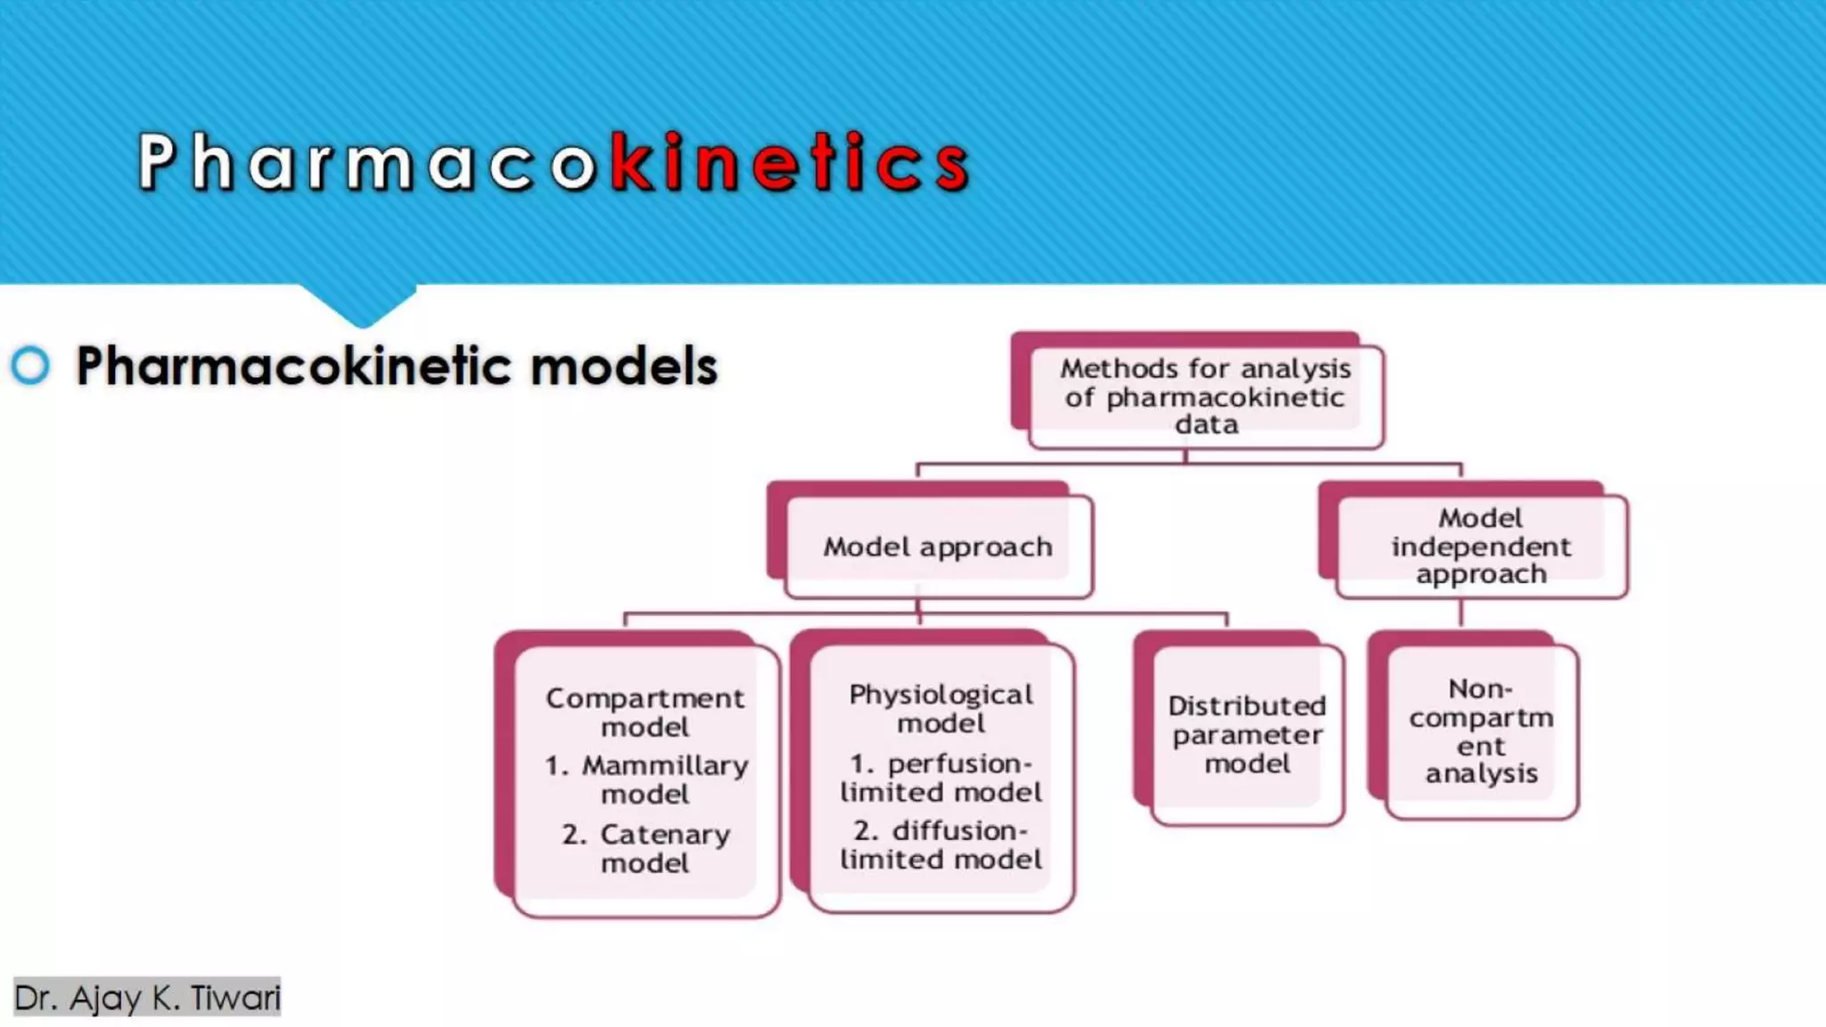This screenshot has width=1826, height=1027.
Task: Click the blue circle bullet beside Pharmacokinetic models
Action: click(x=31, y=366)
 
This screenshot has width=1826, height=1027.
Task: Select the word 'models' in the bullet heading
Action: click(x=623, y=366)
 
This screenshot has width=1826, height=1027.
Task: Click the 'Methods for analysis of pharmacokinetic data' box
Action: click(x=1205, y=396)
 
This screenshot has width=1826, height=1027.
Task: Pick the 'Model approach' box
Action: click(x=937, y=546)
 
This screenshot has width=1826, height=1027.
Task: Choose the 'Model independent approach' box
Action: click(x=1481, y=546)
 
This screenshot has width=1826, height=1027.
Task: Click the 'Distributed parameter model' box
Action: click(x=1246, y=734)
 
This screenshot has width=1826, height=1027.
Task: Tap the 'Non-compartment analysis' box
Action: click(x=1481, y=731)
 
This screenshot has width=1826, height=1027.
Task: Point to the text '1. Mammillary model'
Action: click(x=646, y=779)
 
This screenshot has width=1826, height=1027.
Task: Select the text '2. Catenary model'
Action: click(x=646, y=848)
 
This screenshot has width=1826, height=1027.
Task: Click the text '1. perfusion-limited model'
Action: click(x=941, y=777)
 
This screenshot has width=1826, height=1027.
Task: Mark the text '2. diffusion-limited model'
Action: click(x=941, y=844)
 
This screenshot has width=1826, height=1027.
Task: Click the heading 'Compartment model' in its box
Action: click(x=645, y=711)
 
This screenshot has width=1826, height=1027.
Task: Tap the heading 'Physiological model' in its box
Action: click(x=941, y=708)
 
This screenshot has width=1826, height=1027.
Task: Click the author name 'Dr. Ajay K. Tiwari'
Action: click(x=147, y=997)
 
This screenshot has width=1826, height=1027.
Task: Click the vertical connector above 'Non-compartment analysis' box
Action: click(x=1460, y=613)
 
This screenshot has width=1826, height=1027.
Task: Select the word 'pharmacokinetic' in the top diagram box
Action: click(x=1225, y=398)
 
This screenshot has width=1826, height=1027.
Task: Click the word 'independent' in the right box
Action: click(x=1481, y=546)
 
